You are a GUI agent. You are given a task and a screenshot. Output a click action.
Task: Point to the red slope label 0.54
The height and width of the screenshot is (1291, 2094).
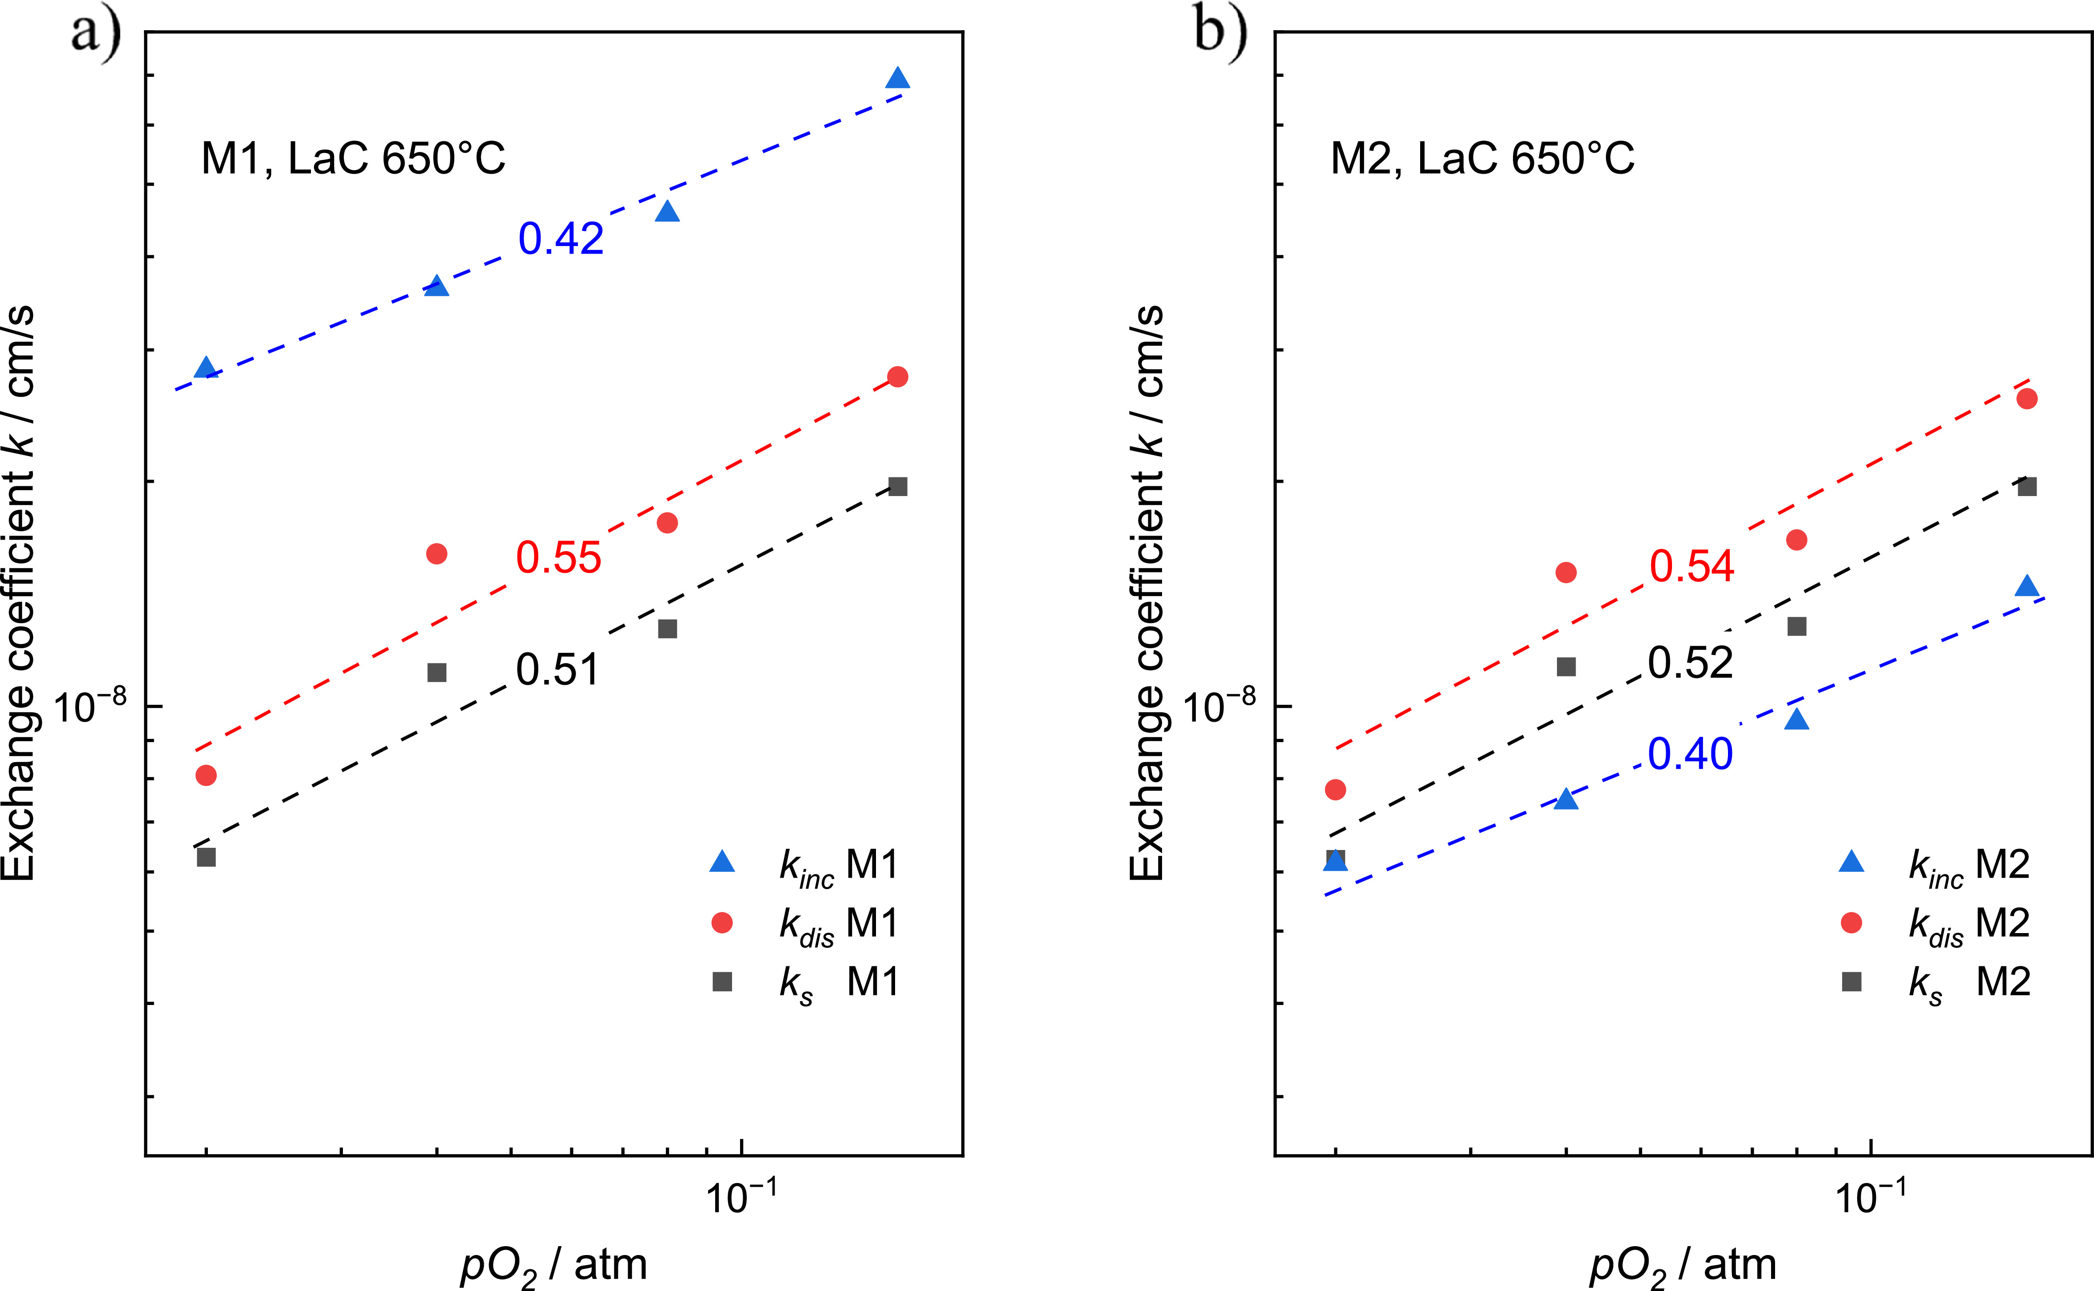[x=1692, y=566]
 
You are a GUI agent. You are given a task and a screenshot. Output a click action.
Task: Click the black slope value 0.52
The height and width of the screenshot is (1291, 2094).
[x=1690, y=663]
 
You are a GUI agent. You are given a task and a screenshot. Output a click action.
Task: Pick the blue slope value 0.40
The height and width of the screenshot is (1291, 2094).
[x=1690, y=754]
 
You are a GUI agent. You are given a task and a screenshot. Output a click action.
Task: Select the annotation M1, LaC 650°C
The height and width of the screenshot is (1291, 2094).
[x=353, y=158]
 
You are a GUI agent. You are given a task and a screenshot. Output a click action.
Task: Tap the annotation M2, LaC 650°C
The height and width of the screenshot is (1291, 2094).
[x=1482, y=158]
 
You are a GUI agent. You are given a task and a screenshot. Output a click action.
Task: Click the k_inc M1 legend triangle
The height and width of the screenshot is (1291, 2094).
[x=722, y=862]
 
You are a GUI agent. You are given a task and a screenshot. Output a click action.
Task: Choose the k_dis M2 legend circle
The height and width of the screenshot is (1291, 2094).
[x=1851, y=922]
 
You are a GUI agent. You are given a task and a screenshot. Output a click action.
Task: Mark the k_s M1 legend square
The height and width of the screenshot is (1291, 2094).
[x=722, y=982]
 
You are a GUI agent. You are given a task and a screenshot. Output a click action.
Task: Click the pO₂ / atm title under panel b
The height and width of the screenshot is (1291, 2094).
[x=1682, y=1265]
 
